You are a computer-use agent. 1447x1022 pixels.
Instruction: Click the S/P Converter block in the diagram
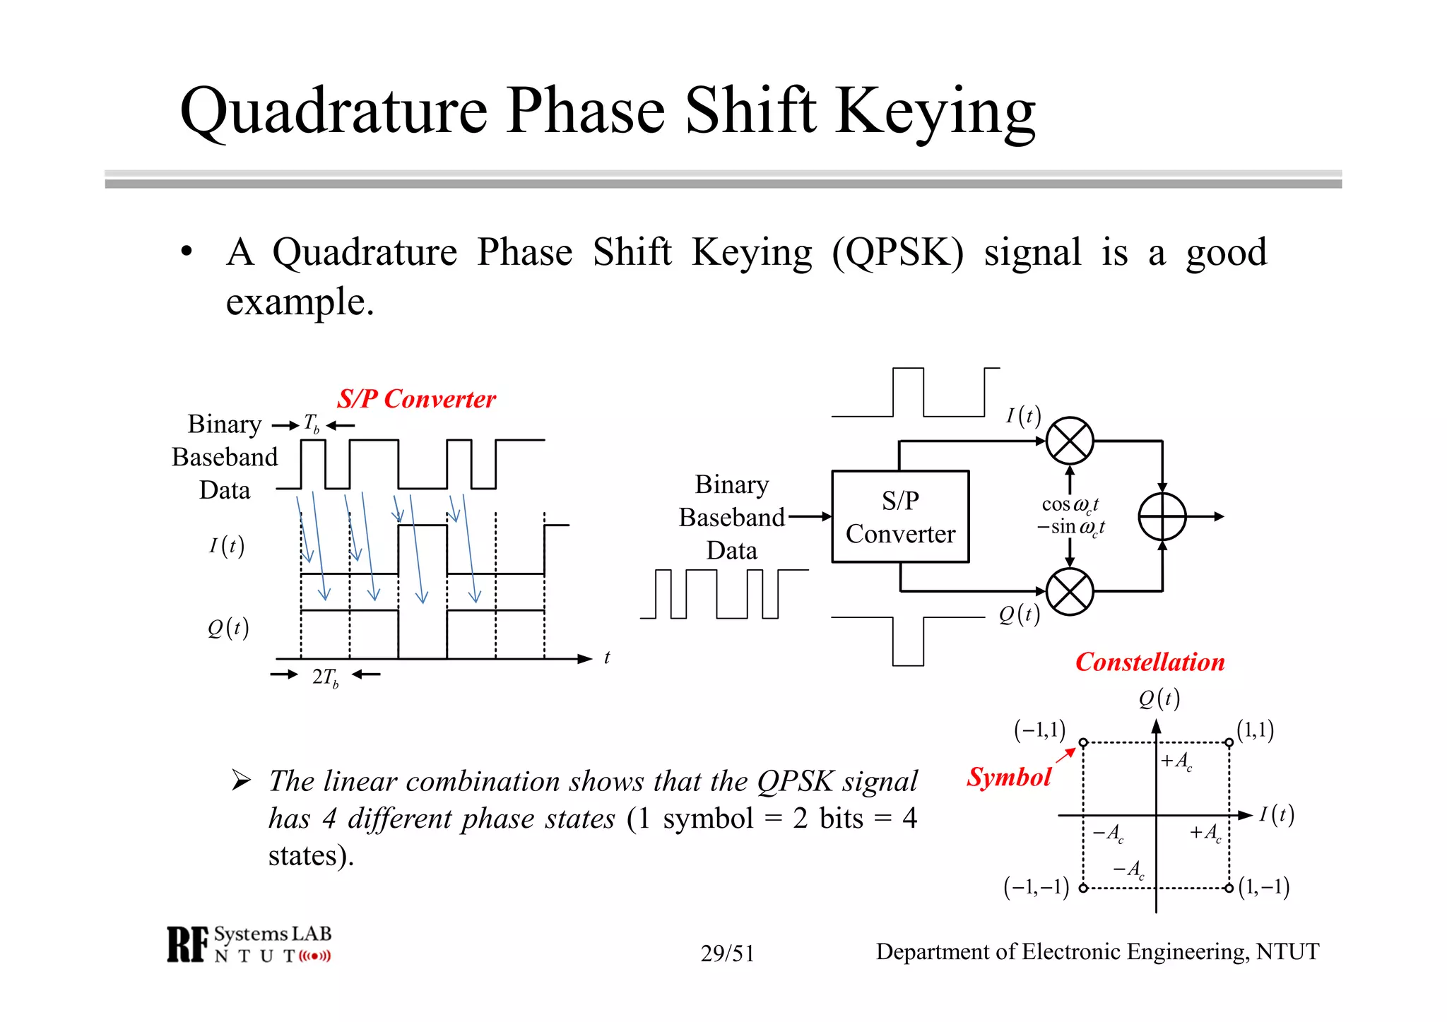(x=900, y=516)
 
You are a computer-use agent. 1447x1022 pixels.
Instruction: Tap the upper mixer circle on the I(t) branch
(x=1070, y=441)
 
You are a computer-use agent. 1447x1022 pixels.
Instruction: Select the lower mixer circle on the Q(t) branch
(x=1070, y=591)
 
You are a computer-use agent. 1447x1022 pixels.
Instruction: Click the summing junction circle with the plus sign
(x=1162, y=516)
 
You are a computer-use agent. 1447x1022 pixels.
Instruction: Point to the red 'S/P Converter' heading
(x=416, y=399)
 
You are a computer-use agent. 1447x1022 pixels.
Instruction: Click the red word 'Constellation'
(x=1150, y=662)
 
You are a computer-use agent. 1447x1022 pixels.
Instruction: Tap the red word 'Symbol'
(x=1009, y=777)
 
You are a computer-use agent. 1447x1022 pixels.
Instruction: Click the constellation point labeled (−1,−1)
(x=1083, y=888)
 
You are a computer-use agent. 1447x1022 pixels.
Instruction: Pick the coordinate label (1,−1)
(x=1264, y=886)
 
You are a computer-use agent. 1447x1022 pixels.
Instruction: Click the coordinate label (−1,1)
(x=1039, y=730)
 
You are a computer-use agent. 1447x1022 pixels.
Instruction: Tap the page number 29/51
(x=727, y=953)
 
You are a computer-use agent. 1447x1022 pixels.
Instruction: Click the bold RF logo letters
(x=188, y=944)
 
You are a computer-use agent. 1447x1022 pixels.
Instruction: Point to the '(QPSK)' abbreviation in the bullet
(x=897, y=252)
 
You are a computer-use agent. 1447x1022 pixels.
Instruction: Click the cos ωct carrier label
(x=1070, y=504)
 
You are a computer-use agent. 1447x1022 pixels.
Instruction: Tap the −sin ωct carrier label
(x=1070, y=527)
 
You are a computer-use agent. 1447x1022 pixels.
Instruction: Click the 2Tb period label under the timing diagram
(x=325, y=677)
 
